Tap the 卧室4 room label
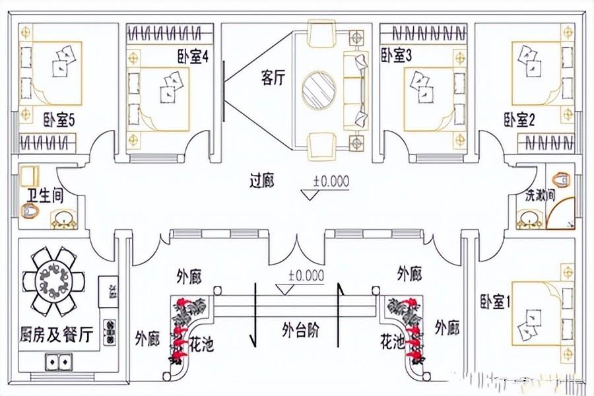[193, 57]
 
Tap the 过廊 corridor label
[262, 180]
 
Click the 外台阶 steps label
[301, 331]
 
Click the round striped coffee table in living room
[320, 90]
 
